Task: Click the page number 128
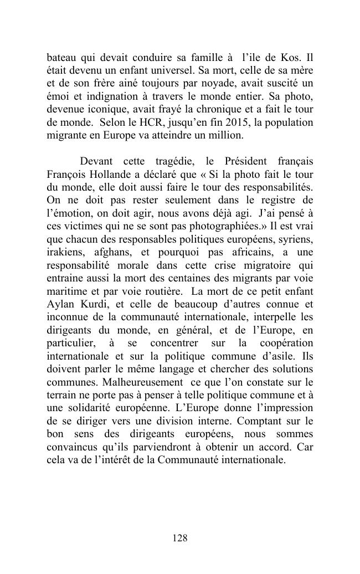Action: point(180,538)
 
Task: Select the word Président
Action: point(249,161)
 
